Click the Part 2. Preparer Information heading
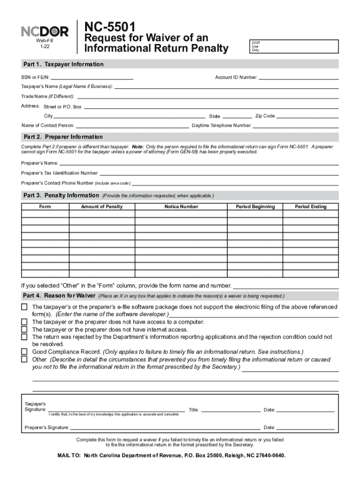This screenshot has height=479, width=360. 63,137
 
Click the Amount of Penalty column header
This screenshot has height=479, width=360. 101,207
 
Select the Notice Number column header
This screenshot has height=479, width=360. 181,207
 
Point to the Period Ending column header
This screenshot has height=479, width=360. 310,207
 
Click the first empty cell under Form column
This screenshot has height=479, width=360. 45,214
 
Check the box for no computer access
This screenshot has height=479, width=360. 24,322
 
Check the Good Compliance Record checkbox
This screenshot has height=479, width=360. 24,352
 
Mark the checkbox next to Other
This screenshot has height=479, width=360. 24,359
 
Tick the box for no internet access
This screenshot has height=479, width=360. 24,329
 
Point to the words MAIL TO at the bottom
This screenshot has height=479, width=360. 69,455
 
